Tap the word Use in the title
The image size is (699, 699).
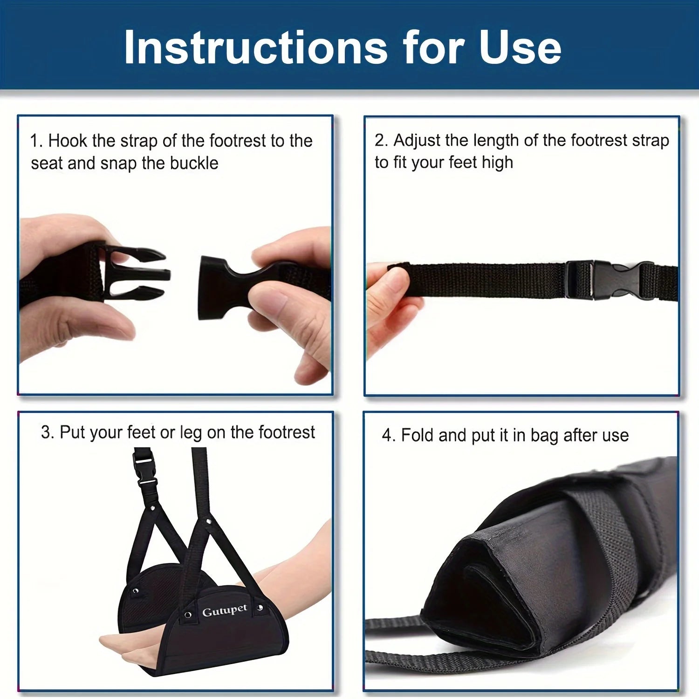click(520, 48)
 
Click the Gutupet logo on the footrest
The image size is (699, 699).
click(224, 611)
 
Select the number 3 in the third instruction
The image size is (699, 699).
click(46, 432)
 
